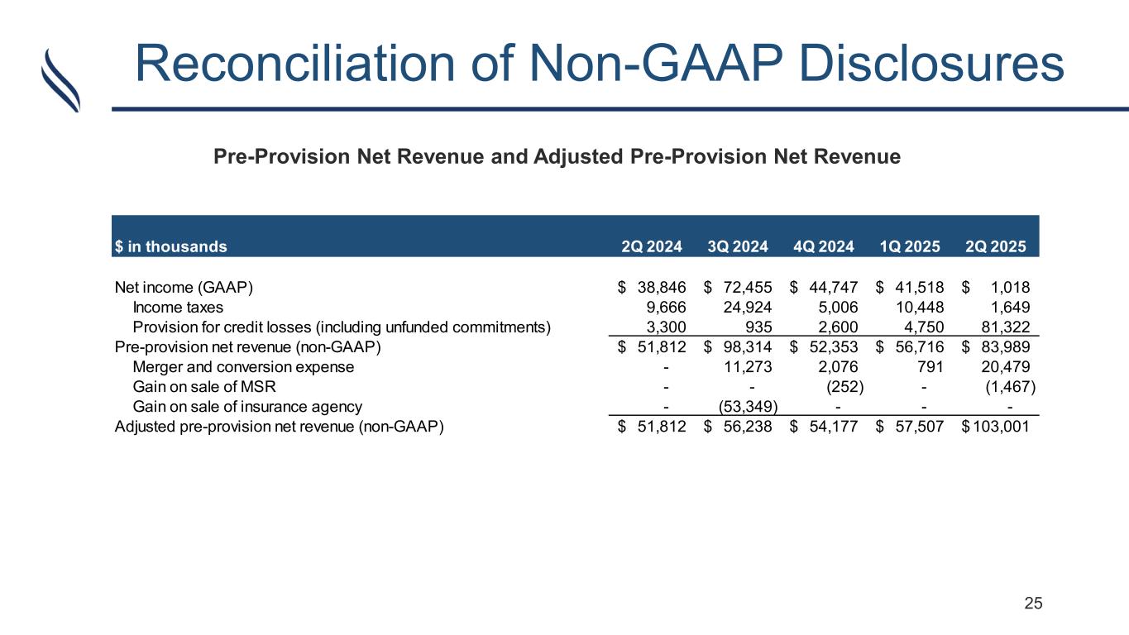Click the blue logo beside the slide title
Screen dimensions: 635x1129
pos(61,79)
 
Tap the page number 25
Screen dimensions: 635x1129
pos(1034,604)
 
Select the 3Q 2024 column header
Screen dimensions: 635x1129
pos(738,246)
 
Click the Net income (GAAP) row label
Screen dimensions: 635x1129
pos(184,288)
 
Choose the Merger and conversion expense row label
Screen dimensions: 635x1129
pos(243,367)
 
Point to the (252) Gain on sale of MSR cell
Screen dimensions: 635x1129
pos(845,387)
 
